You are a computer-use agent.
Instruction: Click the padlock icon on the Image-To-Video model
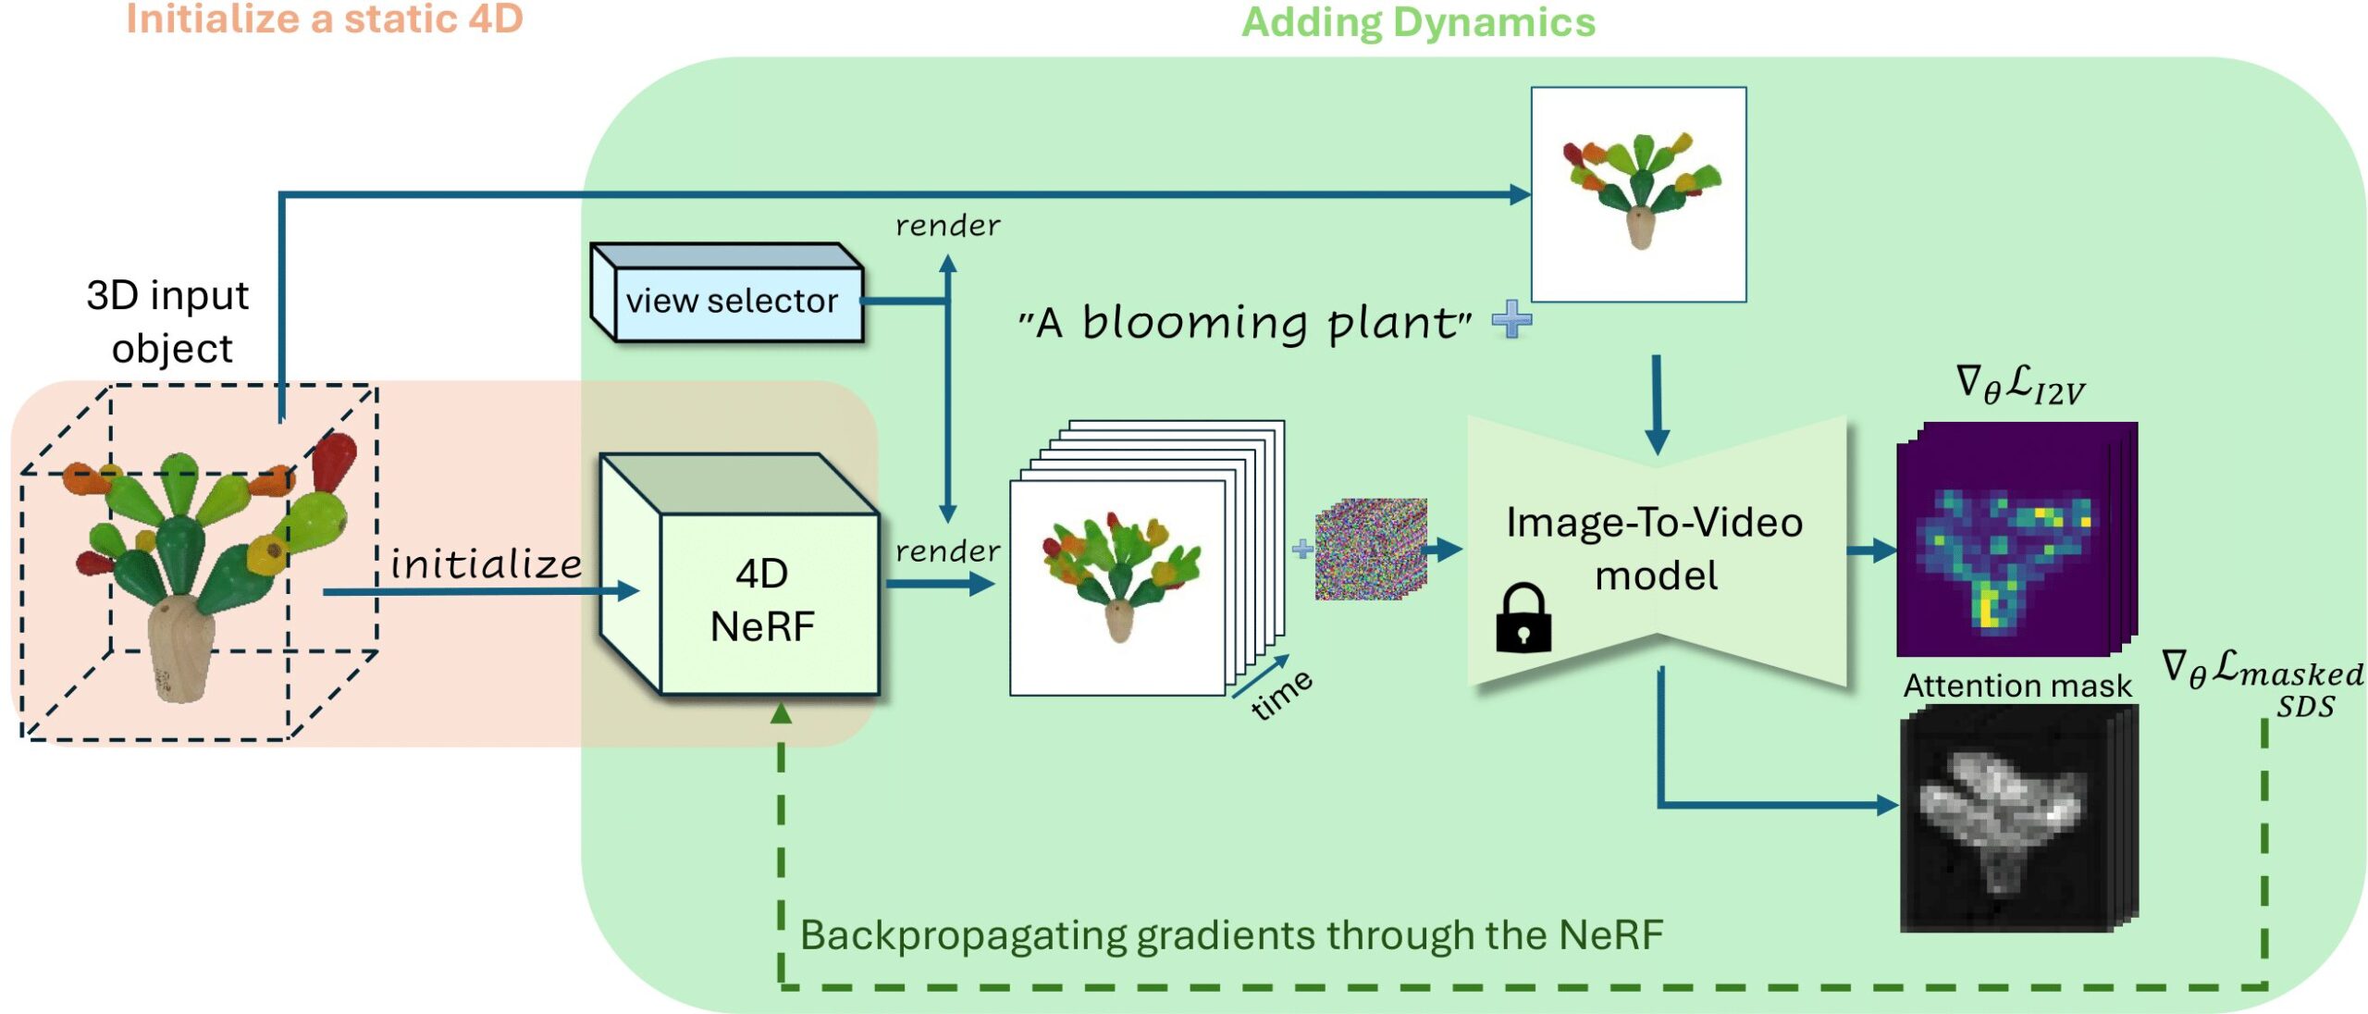coord(1523,618)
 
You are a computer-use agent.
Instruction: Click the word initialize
coord(487,563)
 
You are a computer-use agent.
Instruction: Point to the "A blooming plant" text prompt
coord(1245,323)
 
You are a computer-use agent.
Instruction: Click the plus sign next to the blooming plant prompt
coord(1511,320)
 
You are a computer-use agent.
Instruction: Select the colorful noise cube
coord(1371,550)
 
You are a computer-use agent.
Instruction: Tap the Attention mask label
coord(2016,686)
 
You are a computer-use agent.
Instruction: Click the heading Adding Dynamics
coord(1418,22)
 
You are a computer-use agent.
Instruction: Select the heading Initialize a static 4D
coord(325,19)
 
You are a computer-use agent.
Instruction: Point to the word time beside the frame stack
coord(1281,694)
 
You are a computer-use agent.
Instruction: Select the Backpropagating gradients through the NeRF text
coord(1230,934)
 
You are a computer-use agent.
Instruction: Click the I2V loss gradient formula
coord(2020,385)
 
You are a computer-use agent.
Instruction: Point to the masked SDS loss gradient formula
coord(2263,681)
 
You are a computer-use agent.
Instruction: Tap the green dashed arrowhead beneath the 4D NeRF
coord(781,712)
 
